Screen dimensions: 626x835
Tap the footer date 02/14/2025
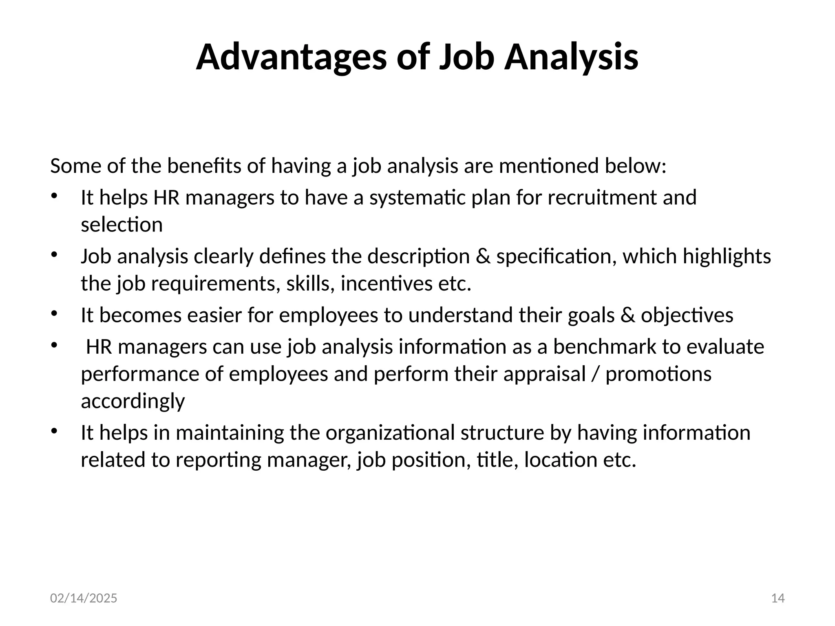tap(84, 598)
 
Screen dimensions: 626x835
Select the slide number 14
tap(778, 598)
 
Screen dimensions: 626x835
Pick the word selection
tap(121, 225)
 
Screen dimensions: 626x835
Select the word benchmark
tap(605, 347)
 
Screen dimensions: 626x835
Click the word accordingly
tap(133, 401)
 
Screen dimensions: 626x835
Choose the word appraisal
tap(544, 375)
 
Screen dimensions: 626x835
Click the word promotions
tap(658, 374)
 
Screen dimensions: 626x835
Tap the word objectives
tap(687, 315)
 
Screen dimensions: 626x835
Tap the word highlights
tap(727, 257)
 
